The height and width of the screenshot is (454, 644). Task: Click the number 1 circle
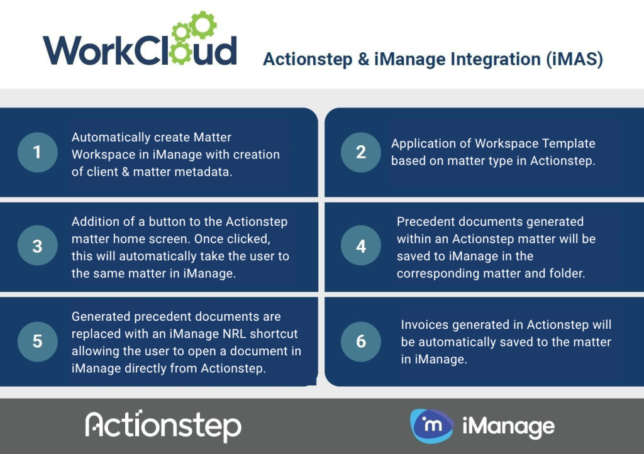pyautogui.click(x=37, y=152)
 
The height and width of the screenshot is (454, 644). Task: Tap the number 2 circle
pyautogui.click(x=361, y=152)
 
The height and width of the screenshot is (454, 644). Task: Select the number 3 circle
pyautogui.click(x=37, y=245)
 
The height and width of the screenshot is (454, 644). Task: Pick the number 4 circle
pyautogui.click(x=361, y=245)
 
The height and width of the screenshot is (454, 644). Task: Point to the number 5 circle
pyautogui.click(x=37, y=341)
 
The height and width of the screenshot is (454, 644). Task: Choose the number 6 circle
pyautogui.click(x=361, y=341)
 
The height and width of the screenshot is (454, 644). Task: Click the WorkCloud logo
pyautogui.click(x=140, y=39)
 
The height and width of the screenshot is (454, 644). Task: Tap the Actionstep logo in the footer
pyautogui.click(x=163, y=426)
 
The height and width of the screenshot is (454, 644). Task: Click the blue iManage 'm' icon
pyautogui.click(x=431, y=426)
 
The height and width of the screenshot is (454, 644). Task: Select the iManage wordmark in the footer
pyautogui.click(x=508, y=428)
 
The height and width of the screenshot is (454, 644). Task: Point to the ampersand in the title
pyautogui.click(x=364, y=59)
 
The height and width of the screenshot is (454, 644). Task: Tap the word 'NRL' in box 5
pyautogui.click(x=235, y=334)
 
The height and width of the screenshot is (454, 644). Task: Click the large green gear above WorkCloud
pyautogui.click(x=203, y=25)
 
